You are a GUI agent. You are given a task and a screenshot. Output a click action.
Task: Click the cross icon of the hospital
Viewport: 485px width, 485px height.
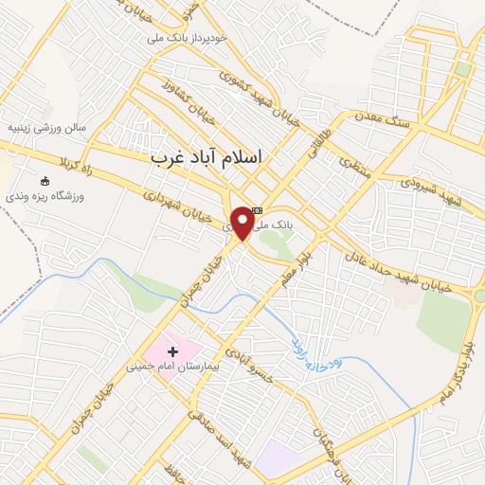click(x=172, y=351)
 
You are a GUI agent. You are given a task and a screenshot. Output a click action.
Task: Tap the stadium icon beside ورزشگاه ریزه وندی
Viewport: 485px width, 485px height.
click(x=45, y=181)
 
